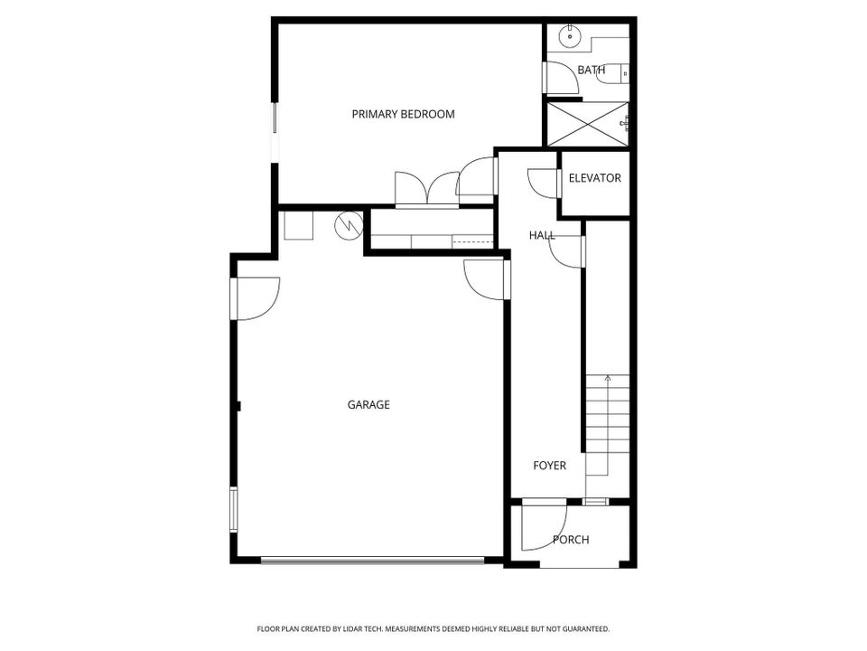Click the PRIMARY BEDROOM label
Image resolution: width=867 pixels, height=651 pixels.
pyautogui.click(x=403, y=115)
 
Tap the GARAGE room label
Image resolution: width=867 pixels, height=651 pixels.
pyautogui.click(x=368, y=405)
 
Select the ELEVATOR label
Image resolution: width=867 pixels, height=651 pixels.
pyautogui.click(x=594, y=178)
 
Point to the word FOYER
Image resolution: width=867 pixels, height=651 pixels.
pyautogui.click(x=549, y=466)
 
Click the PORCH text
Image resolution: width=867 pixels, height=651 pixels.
pyautogui.click(x=571, y=540)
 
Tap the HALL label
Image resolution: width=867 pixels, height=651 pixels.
pyautogui.click(x=542, y=235)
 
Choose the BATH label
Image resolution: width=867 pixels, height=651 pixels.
pyautogui.click(x=592, y=70)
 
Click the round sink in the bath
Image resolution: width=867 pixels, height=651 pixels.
pyautogui.click(x=568, y=38)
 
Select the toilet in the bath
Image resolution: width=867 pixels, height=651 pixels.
pyautogui.click(x=618, y=72)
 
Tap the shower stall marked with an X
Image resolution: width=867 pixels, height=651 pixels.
pyautogui.click(x=586, y=122)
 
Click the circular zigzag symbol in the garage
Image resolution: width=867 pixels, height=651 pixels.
pyautogui.click(x=348, y=223)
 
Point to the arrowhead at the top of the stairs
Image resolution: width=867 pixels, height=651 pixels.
pyautogui.click(x=608, y=376)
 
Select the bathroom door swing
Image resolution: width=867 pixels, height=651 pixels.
pyautogui.click(x=562, y=78)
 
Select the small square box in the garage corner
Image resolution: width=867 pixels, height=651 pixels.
pyautogui.click(x=298, y=224)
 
